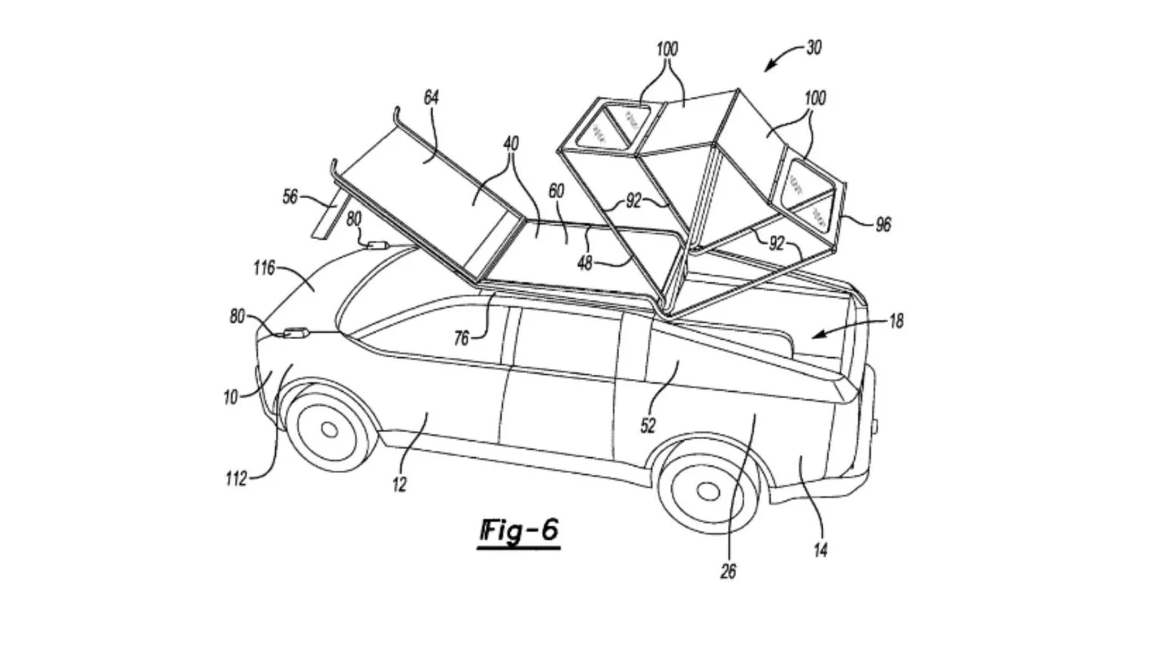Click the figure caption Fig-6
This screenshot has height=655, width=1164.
520,531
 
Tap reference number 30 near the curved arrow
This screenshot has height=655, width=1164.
813,48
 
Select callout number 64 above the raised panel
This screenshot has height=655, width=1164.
430,98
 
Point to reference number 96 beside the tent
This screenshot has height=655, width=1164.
883,224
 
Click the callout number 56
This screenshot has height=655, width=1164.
289,197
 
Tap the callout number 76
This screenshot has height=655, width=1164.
462,339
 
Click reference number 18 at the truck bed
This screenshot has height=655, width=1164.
896,321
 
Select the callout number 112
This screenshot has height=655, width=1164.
236,479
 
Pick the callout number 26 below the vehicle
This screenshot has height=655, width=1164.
727,572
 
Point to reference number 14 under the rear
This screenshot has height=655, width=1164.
820,550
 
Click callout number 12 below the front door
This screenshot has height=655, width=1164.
399,484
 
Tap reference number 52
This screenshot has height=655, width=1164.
647,426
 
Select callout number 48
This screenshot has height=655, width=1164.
584,263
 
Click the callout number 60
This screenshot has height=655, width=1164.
556,191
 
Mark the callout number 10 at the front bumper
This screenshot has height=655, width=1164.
230,396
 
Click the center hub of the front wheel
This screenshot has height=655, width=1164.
329,430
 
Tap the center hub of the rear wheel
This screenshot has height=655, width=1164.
708,491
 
